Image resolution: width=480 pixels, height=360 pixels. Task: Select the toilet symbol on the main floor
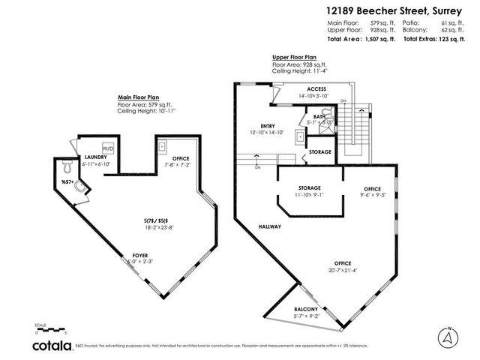click(x=66, y=165)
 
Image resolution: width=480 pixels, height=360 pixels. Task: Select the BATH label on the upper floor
click(x=319, y=116)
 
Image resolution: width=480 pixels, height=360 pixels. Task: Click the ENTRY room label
click(x=268, y=127)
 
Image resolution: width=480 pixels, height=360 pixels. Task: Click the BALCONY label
click(x=305, y=310)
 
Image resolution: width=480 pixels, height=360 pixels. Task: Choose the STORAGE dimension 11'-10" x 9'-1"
click(x=309, y=195)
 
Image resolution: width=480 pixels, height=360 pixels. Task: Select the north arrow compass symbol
click(x=448, y=338)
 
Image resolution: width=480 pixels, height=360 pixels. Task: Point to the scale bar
click(x=47, y=329)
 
